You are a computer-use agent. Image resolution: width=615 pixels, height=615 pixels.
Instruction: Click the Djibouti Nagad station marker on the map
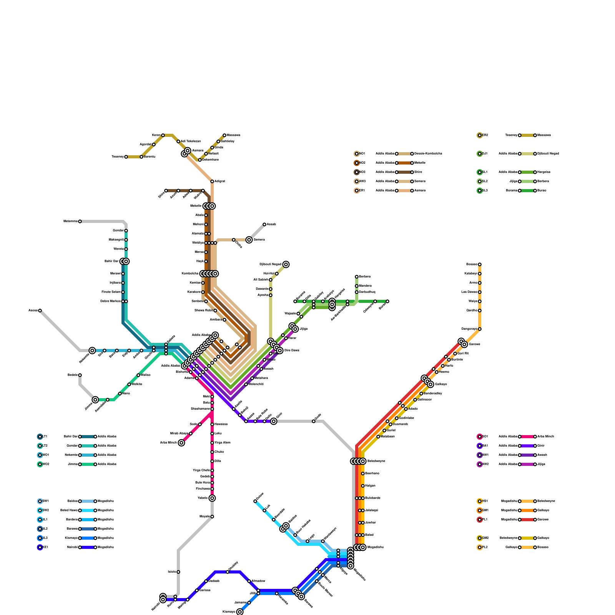286,264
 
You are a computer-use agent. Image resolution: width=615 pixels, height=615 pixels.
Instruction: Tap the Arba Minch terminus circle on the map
181,443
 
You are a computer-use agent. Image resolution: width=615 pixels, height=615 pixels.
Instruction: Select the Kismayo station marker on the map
240,612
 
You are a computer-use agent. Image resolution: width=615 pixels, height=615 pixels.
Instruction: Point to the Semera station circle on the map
249,240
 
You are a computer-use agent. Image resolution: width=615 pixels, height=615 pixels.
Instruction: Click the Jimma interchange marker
95,400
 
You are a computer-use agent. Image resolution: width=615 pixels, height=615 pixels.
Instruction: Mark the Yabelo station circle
212,498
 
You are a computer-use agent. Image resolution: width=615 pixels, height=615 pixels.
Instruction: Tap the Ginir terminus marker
274,421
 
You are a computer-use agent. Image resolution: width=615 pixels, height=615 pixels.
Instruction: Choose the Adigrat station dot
212,181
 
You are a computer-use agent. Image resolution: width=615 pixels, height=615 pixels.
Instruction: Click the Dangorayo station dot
480,329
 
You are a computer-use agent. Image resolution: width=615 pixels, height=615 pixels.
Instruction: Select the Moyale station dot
212,517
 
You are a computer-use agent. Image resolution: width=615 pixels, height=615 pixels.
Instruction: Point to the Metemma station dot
80,221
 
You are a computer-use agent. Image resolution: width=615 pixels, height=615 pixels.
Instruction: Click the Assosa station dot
40,311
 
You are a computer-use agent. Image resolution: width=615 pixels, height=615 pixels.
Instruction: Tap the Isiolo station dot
178,572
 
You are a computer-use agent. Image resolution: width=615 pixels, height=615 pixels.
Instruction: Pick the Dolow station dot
255,501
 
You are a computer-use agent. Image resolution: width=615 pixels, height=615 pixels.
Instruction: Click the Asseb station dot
264,224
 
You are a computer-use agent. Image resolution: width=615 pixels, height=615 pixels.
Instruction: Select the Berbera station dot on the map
357,277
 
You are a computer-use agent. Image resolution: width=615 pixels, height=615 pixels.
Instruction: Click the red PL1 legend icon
480,520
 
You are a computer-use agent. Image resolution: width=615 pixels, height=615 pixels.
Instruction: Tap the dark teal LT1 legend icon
40,437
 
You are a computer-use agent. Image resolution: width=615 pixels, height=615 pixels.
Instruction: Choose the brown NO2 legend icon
357,163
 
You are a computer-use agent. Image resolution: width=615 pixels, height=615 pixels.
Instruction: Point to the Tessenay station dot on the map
126,157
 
